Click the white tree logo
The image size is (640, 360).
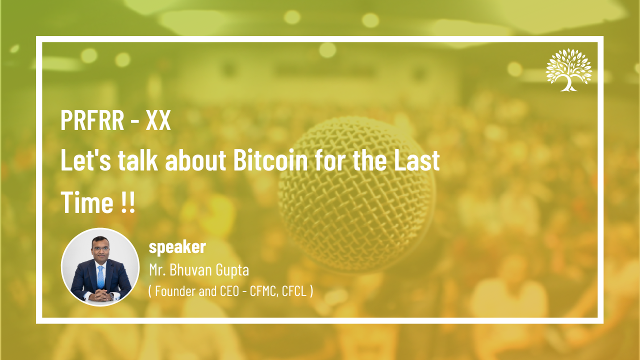(569, 70)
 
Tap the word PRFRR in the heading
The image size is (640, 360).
(92, 120)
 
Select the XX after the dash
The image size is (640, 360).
(158, 120)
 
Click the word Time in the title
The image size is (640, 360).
(87, 202)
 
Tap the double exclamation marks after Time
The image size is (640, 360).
(127, 202)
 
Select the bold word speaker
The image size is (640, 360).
(177, 247)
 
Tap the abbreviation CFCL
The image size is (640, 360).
(294, 291)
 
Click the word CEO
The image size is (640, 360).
(229, 291)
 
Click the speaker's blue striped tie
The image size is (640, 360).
(100, 277)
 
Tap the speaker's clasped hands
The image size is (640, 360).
(101, 295)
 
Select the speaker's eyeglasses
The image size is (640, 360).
(100, 248)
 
